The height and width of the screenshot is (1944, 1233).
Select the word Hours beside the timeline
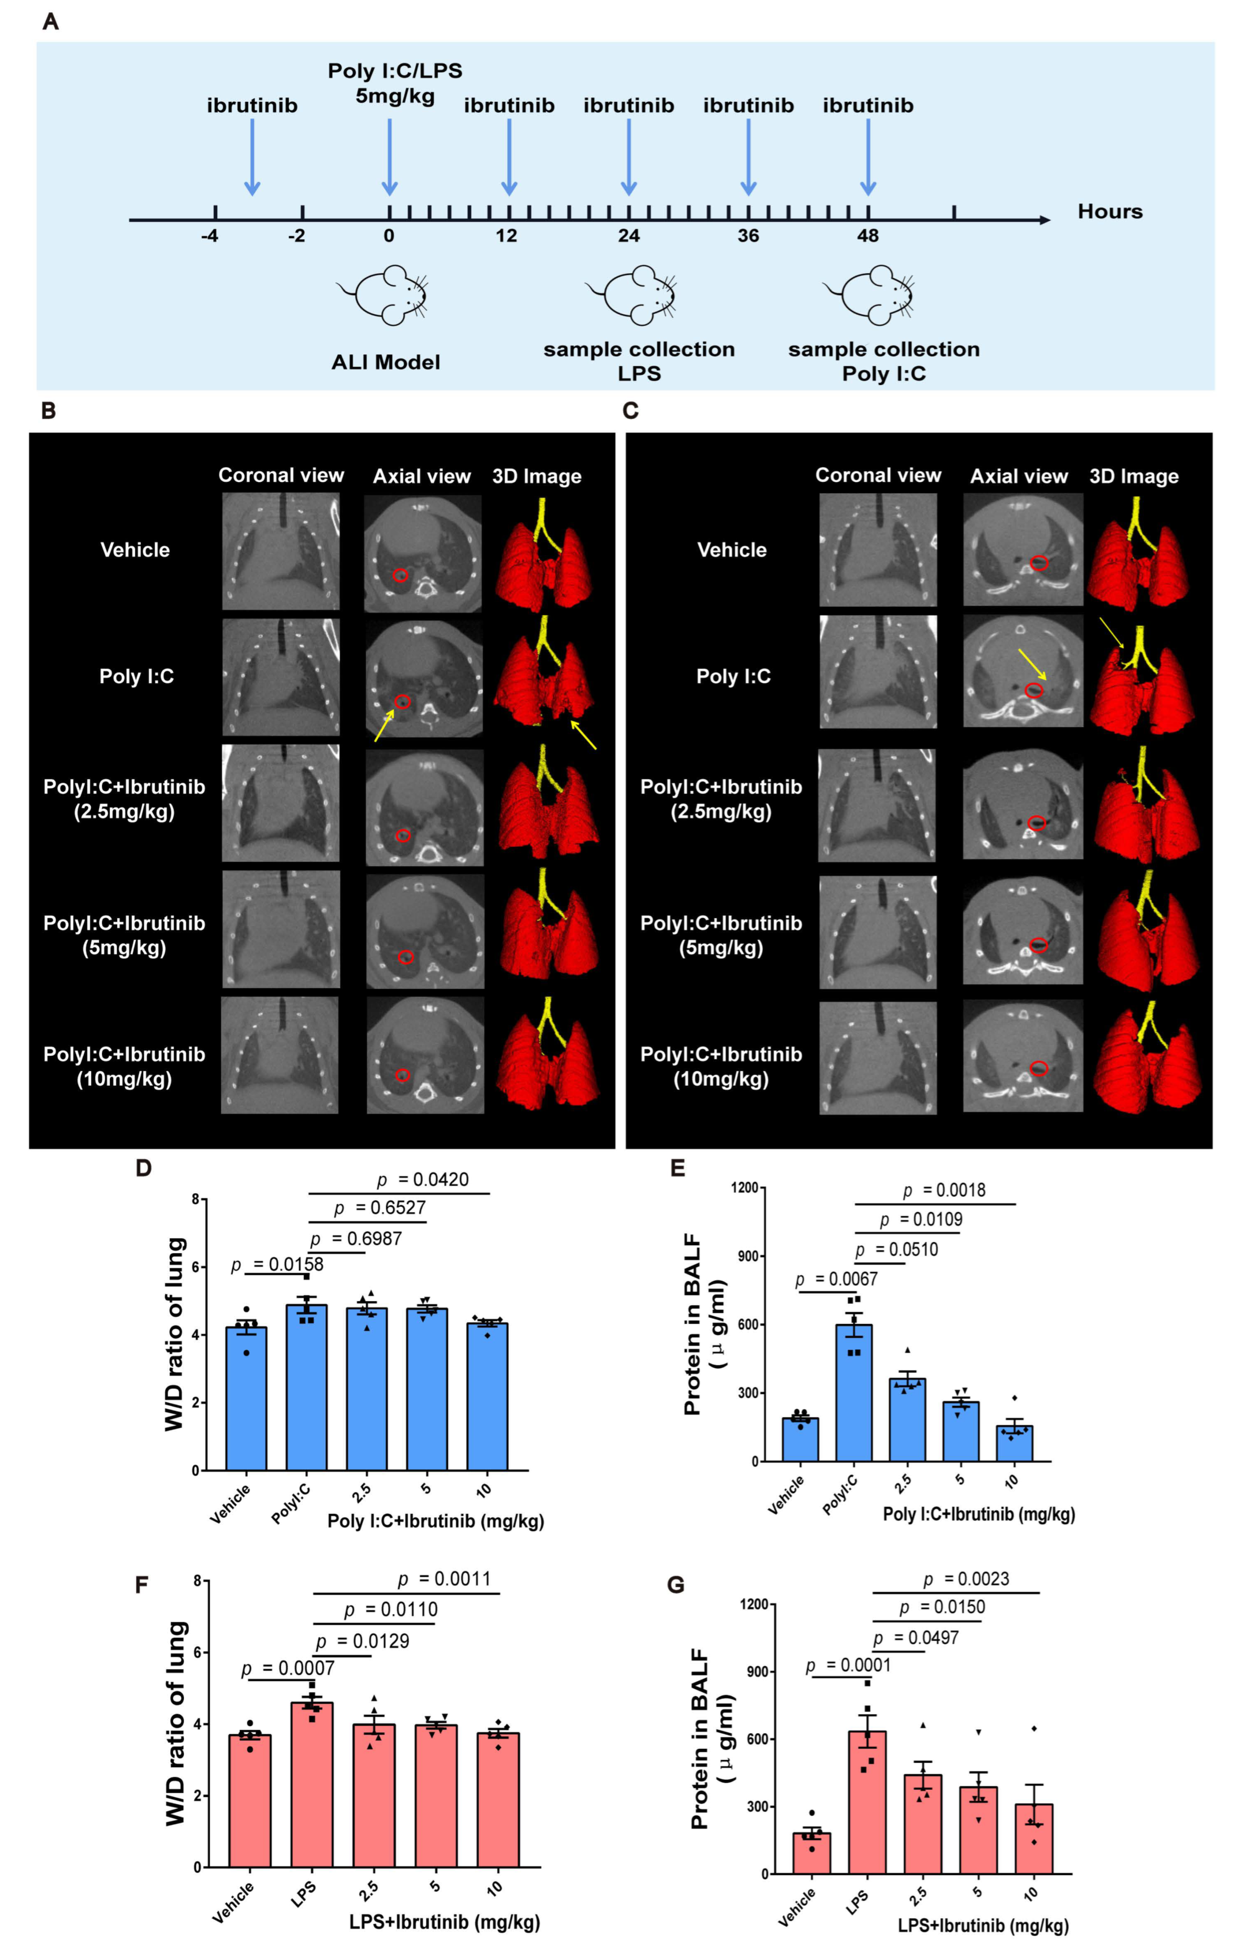coord(1110,212)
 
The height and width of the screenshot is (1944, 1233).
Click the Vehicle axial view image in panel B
coord(422,553)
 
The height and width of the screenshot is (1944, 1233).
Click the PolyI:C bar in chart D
coord(307,1387)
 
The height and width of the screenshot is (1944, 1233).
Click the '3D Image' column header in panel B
coord(537,476)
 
